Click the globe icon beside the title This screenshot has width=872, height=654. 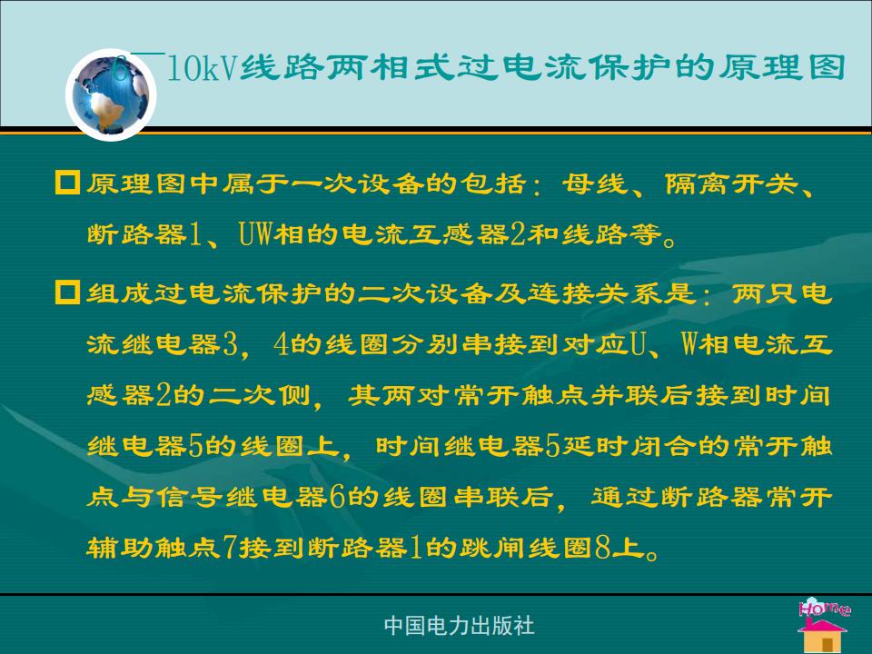coord(111,94)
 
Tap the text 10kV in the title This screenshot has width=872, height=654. coord(203,68)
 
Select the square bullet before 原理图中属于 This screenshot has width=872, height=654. coord(67,183)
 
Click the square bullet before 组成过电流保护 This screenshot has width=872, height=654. coord(67,292)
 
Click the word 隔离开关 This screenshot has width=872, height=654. coord(732,183)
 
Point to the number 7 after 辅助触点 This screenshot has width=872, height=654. coord(230,548)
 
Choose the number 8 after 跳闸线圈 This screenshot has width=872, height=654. coord(603,548)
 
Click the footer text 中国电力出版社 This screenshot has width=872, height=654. coord(460,626)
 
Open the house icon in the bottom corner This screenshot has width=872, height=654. coord(823,636)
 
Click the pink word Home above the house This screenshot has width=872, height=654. coord(825,608)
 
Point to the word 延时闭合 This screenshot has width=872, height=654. coord(628,446)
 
